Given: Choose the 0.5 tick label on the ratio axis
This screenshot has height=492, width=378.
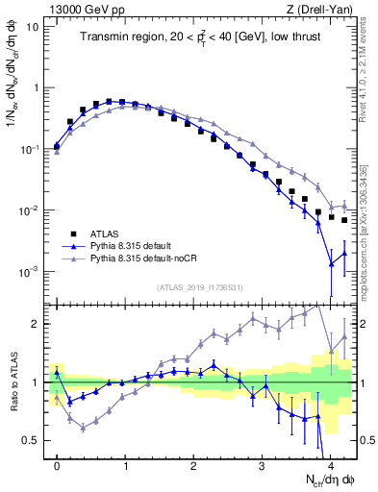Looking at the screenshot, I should pos(33,440).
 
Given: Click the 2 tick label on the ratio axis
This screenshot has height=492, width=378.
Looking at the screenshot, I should pos(38,324).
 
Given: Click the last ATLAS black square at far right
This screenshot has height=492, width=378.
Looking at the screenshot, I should pos(343,220).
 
